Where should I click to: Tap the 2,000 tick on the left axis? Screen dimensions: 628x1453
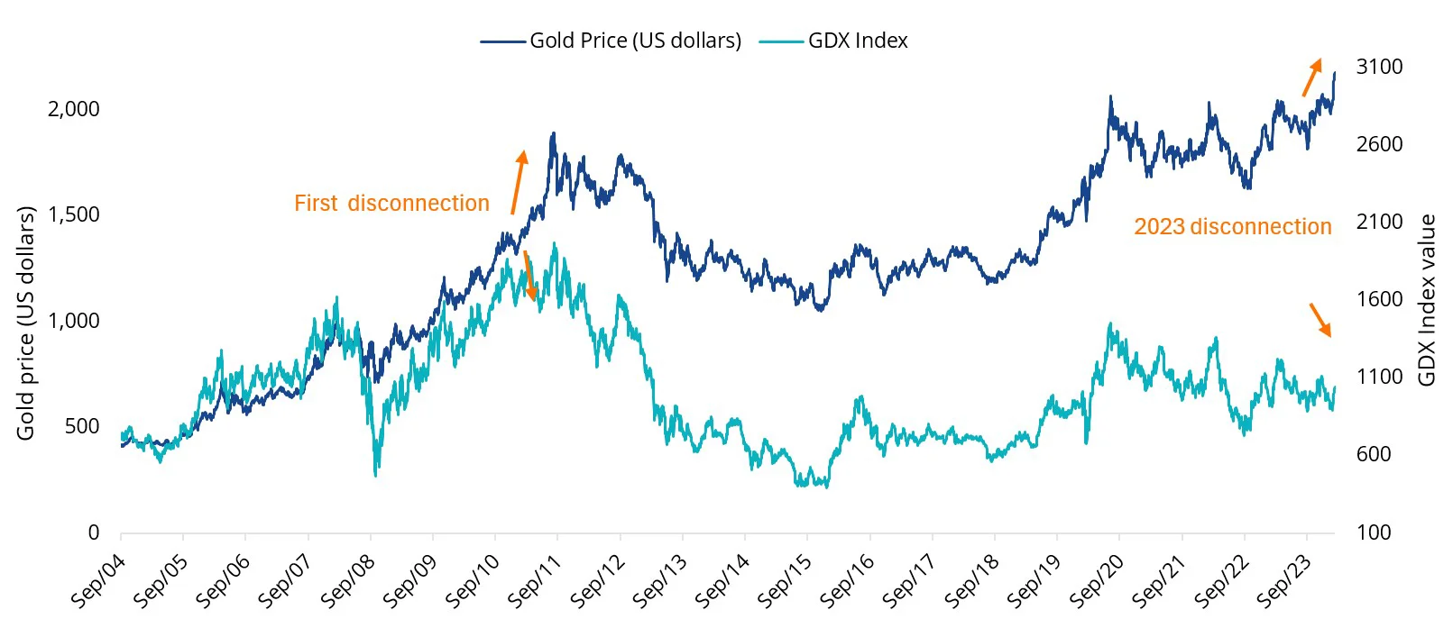73,109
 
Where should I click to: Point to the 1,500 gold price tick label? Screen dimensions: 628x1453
73,214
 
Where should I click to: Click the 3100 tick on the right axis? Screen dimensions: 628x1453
1379,67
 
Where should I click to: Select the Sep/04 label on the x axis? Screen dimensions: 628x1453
98,581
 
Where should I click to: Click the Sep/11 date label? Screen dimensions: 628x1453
535,581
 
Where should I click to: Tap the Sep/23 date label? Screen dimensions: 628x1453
1284,581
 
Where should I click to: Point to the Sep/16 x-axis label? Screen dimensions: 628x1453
847,581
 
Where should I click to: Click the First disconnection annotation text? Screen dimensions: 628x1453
391,204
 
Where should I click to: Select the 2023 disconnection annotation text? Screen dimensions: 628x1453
1232,227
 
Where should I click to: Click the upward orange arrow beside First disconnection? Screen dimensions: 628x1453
518,182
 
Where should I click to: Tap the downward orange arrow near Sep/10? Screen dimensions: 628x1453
530,276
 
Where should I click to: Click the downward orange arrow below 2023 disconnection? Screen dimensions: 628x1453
1320,320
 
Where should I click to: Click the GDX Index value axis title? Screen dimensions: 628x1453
1427,300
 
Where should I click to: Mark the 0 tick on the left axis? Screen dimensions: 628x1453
93,532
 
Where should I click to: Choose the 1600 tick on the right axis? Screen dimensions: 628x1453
1379,299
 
